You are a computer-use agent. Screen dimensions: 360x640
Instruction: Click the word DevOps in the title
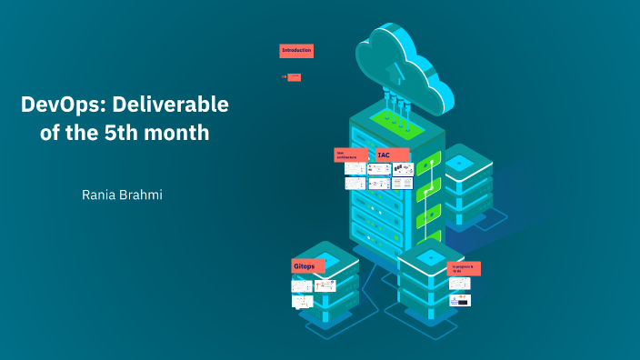(x=57, y=105)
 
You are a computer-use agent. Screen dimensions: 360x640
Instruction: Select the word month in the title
(x=181, y=133)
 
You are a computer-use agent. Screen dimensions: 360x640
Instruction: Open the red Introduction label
(x=296, y=51)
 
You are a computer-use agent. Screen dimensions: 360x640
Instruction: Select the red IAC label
(x=393, y=155)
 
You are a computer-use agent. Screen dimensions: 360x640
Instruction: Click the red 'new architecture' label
(x=350, y=155)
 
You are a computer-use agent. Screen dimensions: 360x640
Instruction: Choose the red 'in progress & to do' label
(x=465, y=268)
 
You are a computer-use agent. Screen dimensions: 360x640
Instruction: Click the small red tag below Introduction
(x=294, y=77)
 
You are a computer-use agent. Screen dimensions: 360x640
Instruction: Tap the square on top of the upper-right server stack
(x=459, y=161)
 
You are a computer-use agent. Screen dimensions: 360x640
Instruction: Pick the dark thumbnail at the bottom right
(x=460, y=300)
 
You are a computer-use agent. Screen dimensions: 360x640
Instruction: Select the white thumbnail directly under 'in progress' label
(x=460, y=284)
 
